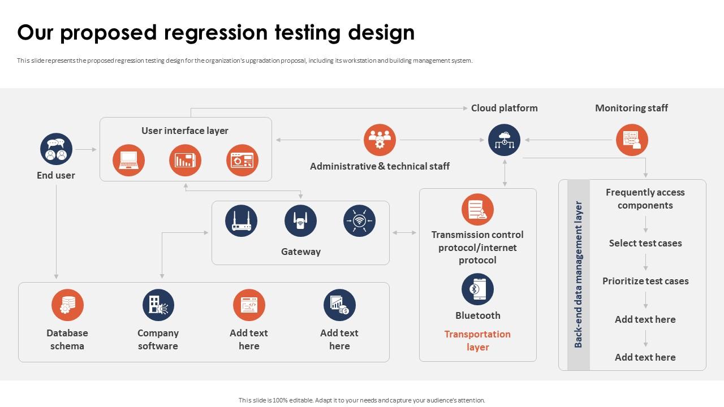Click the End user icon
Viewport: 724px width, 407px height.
56,149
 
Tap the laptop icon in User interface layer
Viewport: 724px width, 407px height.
128,161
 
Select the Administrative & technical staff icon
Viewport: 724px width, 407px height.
380,140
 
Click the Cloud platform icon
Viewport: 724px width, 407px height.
504,140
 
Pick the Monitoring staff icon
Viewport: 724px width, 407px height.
632,140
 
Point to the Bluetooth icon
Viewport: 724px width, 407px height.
477,289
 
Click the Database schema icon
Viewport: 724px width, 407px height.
67,305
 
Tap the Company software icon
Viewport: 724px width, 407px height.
158,305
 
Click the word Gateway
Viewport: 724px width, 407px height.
301,252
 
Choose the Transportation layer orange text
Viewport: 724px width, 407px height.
477,341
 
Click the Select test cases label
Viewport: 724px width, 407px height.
645,243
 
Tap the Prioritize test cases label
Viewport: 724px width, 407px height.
645,281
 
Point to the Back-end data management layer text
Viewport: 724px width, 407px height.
578,274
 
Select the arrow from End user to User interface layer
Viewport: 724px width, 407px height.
86,150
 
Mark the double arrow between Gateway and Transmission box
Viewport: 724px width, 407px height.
404,232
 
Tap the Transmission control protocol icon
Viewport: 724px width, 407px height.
477,210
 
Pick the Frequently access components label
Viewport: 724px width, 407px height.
645,199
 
